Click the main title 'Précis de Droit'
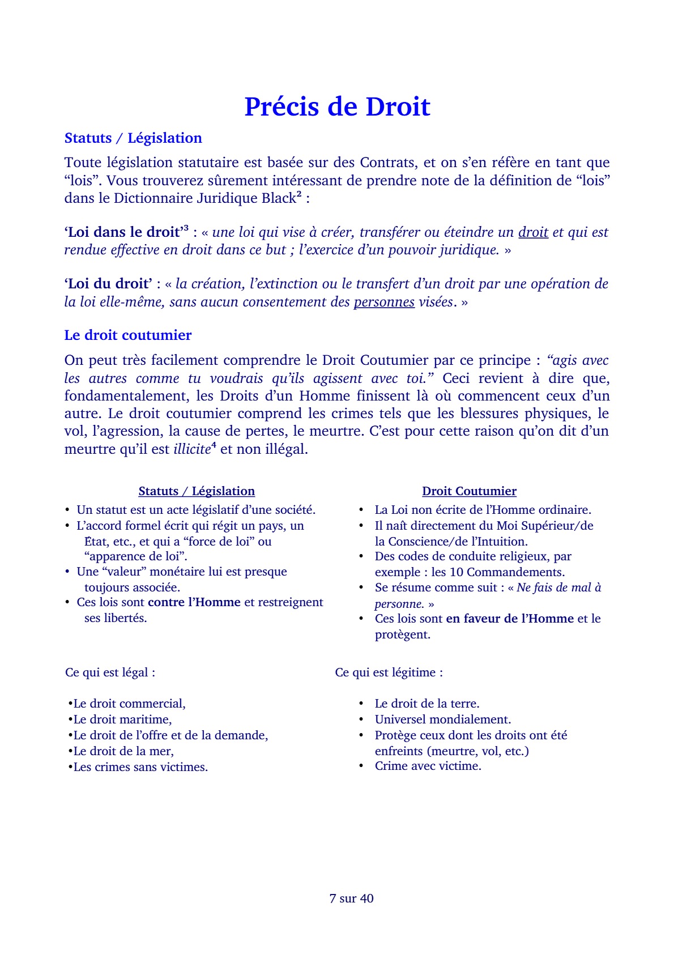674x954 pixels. [337, 107]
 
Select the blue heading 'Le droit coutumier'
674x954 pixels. [128, 335]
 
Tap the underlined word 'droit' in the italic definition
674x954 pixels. [533, 232]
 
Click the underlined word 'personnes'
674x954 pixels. [384, 302]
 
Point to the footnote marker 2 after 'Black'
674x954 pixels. [298, 194]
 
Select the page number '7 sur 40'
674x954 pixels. [351, 898]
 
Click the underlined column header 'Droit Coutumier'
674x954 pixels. [469, 491]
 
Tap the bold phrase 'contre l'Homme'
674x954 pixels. [194, 602]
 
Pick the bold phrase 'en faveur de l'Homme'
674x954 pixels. [510, 619]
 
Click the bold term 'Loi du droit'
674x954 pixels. [108, 284]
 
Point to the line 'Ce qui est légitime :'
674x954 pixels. [389, 672]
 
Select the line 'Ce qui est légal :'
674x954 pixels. [110, 672]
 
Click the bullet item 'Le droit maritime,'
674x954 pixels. [122, 719]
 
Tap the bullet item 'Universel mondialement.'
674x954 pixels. [443, 719]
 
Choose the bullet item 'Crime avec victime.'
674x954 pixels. [428, 766]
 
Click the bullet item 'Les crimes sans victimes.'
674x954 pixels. [140, 767]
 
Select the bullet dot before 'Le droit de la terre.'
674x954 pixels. [361, 704]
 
